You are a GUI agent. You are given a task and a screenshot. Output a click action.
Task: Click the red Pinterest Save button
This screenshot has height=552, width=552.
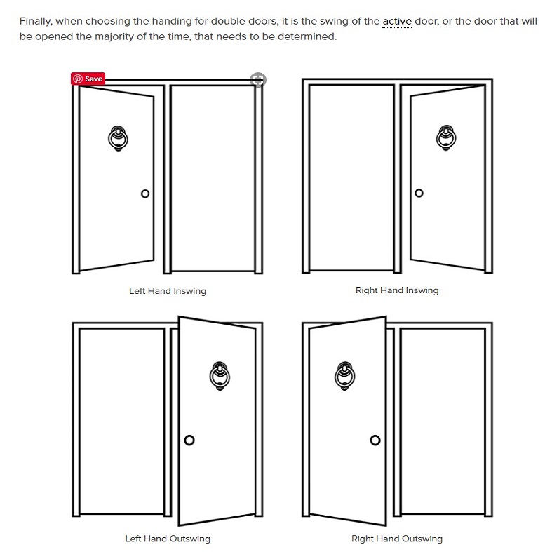(x=88, y=79)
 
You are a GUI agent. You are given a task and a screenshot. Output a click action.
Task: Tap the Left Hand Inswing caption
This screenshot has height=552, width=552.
(x=168, y=290)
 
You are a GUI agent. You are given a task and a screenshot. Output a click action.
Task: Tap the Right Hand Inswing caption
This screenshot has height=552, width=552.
(x=397, y=290)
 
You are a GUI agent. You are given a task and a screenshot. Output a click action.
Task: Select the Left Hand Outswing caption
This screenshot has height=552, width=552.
(x=168, y=539)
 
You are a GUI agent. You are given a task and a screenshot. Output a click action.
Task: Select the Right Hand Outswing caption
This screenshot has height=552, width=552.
(x=397, y=539)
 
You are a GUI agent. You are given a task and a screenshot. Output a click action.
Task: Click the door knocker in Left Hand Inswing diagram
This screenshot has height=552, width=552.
(x=118, y=138)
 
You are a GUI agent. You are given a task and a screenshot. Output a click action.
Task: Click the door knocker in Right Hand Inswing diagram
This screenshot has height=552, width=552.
(x=445, y=138)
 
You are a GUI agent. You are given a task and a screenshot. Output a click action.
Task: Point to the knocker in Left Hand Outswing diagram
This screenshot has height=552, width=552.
(x=220, y=376)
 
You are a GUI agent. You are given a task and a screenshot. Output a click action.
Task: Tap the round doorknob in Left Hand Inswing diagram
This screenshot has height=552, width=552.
(x=145, y=194)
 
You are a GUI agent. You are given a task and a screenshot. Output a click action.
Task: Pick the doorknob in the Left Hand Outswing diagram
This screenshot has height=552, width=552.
(x=189, y=440)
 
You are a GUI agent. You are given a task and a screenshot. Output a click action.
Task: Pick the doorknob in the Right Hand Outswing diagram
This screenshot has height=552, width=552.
(x=375, y=440)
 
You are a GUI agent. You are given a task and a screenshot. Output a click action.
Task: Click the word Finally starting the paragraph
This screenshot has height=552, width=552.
(x=35, y=21)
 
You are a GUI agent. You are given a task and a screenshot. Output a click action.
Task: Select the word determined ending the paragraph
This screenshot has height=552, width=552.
(x=310, y=36)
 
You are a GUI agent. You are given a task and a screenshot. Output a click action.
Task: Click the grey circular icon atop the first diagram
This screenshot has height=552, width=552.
(x=258, y=79)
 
